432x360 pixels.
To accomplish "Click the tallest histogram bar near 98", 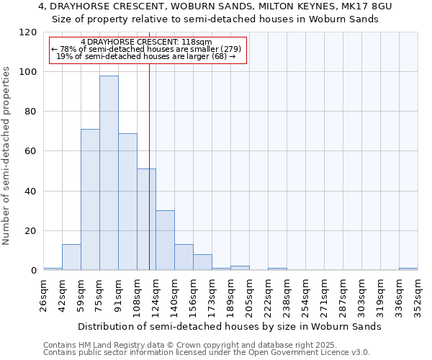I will (x=109, y=173).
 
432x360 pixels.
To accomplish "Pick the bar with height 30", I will (x=165, y=240).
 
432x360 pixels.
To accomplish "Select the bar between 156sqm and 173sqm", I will (x=202, y=263).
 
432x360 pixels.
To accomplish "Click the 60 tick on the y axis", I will (x=31, y=151).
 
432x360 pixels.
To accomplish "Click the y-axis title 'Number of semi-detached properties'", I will (x=7, y=151).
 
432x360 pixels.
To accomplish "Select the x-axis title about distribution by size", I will (x=230, y=326).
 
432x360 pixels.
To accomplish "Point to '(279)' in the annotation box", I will (x=228, y=49).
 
